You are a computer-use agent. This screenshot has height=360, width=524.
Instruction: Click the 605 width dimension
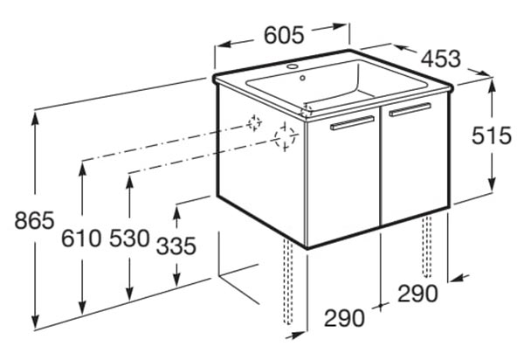click(x=284, y=35)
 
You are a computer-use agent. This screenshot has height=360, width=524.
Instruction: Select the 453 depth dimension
click(x=441, y=59)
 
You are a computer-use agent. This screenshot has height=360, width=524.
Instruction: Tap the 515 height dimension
click(x=491, y=135)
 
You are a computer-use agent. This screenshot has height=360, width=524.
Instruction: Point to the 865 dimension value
click(x=34, y=220)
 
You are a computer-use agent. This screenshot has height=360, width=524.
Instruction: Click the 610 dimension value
click(x=81, y=239)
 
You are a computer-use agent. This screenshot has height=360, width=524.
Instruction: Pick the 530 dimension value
click(x=129, y=239)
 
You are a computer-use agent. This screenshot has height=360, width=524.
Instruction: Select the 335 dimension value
click(x=176, y=246)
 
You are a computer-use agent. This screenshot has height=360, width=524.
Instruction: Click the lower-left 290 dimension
click(x=344, y=318)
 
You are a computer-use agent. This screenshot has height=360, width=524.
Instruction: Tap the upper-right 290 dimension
click(x=417, y=294)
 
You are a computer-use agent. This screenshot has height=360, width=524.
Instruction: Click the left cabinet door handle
click(x=352, y=122)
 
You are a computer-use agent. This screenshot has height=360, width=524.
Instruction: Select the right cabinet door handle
click(x=410, y=109)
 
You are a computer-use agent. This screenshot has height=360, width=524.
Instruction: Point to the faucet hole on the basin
click(x=293, y=66)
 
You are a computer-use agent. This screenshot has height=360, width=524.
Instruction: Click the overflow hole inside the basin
click(x=302, y=79)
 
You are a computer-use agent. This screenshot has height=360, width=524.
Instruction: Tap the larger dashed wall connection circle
click(x=285, y=137)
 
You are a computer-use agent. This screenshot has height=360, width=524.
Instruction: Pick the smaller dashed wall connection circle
click(x=255, y=123)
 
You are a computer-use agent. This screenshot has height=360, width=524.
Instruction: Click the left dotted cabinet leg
click(x=287, y=281)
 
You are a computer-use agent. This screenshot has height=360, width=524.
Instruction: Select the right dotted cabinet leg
click(x=426, y=246)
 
